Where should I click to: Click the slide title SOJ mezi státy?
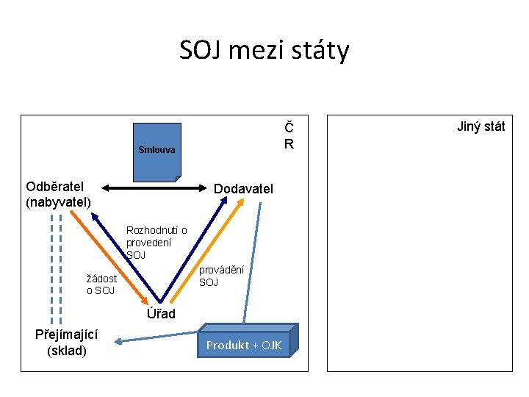264,51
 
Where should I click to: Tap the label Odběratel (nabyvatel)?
58,194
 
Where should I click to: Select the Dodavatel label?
243,189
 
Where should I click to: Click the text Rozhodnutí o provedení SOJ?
156,243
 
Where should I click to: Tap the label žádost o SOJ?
101,285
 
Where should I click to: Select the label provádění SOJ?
222,276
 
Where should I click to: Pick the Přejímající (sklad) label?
67,343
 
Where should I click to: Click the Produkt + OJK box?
244,345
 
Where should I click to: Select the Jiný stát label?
481,126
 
